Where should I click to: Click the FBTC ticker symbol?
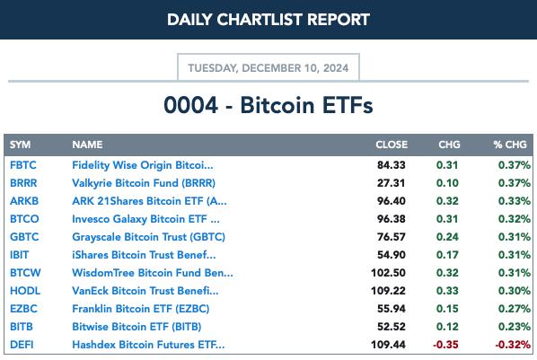(23, 165)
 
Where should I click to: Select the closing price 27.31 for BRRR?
(392, 183)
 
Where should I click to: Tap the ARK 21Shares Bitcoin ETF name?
(149, 201)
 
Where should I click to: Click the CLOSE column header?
(392, 145)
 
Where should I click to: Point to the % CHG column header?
(510, 145)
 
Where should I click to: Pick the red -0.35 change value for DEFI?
(445, 345)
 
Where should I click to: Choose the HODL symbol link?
(25, 291)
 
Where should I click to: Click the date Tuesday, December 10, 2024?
(268, 68)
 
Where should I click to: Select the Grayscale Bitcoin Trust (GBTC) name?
(149, 237)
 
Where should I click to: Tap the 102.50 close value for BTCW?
(388, 273)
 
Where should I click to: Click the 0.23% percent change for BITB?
(514, 327)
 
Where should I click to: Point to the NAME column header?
(87, 145)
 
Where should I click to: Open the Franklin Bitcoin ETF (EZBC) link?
(140, 309)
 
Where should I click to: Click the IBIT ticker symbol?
(19, 255)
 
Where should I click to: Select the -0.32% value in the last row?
(513, 345)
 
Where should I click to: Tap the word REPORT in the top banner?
(339, 20)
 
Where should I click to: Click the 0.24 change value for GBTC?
(447, 237)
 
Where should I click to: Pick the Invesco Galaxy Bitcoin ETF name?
(145, 219)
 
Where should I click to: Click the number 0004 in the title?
(190, 105)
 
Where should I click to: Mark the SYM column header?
(21, 145)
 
